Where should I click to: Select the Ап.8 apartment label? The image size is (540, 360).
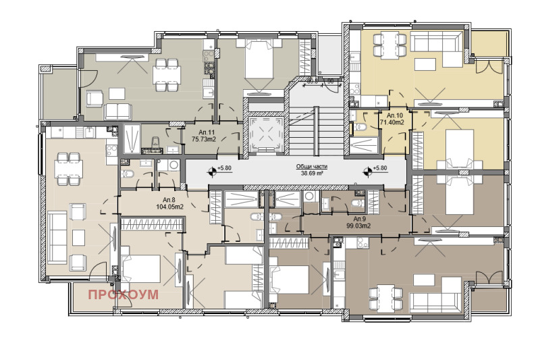169,200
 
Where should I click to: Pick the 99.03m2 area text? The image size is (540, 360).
359,227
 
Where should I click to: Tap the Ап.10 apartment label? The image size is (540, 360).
392,115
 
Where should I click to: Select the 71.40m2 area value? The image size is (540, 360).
392,123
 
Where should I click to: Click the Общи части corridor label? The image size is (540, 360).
310,167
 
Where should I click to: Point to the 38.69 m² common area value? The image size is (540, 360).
310,174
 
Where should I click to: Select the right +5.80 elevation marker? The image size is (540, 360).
376,168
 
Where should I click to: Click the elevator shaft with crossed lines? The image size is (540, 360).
263,132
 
